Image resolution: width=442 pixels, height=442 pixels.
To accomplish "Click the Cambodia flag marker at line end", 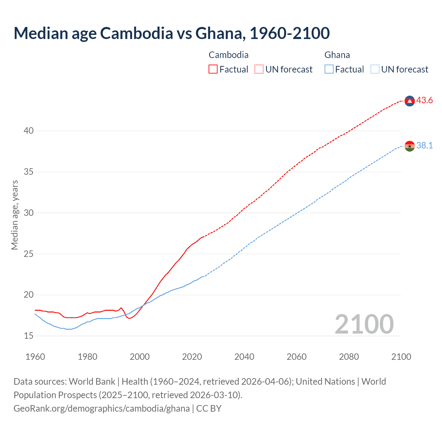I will (x=410, y=101).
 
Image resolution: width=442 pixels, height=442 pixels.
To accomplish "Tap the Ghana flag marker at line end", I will (x=410, y=146).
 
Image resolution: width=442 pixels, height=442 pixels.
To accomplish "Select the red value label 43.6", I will (x=424, y=100).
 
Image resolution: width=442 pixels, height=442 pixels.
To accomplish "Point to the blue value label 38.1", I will (x=424, y=146).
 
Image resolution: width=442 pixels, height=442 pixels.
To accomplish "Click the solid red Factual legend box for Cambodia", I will (x=213, y=69).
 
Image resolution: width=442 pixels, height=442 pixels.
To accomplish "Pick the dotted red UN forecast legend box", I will (x=259, y=69).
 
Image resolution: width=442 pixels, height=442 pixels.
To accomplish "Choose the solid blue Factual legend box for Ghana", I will (x=329, y=69).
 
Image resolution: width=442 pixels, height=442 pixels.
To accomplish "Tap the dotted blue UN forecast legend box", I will (x=375, y=69).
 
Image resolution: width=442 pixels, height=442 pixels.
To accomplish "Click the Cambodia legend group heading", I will (x=229, y=55).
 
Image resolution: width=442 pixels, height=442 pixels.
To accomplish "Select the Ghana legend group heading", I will (x=337, y=55).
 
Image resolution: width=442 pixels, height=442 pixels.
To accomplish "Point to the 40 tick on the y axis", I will (x=29, y=131).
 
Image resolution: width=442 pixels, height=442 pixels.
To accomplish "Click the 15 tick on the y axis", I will (x=29, y=336).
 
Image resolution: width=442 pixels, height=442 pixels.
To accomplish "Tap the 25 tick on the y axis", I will (x=29, y=254).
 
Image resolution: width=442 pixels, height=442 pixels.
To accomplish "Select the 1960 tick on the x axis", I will (x=35, y=357).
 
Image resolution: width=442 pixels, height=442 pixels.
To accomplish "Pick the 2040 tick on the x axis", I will (x=244, y=357).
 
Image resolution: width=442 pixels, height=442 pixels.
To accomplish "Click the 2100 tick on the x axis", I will (x=401, y=357).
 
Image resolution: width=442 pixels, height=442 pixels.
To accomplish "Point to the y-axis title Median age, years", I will (x=15, y=215).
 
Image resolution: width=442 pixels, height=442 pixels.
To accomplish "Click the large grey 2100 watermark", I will (x=364, y=324).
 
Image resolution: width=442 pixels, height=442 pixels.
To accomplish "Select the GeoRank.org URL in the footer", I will (x=102, y=409).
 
